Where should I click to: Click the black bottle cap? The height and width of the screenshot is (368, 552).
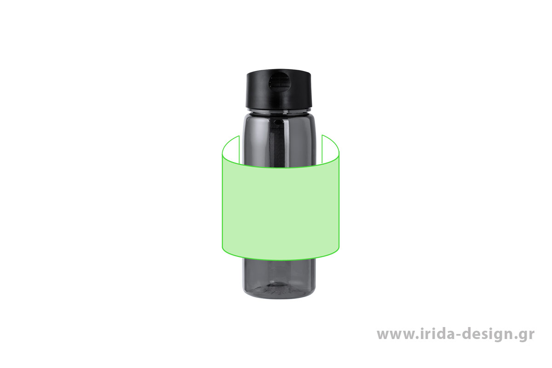[x=279, y=89]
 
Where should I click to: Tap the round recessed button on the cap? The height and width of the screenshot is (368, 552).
[x=279, y=82]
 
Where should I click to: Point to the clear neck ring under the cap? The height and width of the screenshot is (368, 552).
[x=279, y=110]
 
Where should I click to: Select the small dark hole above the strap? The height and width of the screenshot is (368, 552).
[x=278, y=121]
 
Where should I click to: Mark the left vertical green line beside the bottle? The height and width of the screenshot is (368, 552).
[x=239, y=149]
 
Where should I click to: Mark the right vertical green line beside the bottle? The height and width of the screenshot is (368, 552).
[x=322, y=149]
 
